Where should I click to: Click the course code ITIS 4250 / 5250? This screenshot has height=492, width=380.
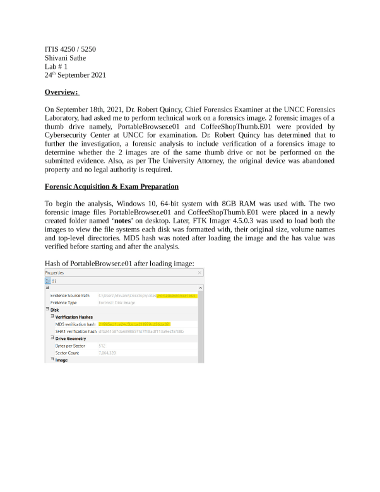[70, 49]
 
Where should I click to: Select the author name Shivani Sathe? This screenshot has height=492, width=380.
[65, 57]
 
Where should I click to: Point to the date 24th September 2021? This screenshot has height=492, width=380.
[75, 75]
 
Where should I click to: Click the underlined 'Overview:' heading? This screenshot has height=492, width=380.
[62, 93]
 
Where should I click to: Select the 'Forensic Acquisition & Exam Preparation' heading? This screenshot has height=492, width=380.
[112, 187]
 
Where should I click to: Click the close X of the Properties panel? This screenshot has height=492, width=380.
[200, 272]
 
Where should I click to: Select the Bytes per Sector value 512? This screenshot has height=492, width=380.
[102, 346]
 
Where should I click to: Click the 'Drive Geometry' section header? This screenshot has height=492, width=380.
[71, 339]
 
